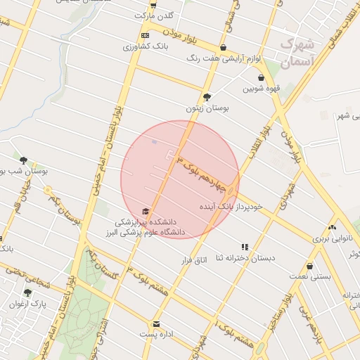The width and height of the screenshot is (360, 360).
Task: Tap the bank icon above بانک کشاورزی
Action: (145, 35)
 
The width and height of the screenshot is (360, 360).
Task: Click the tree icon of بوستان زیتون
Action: (207, 97)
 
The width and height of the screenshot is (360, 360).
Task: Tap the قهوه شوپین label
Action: (262, 89)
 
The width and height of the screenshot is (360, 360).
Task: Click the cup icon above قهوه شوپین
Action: (262, 78)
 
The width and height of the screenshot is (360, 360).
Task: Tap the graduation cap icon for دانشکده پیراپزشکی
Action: (146, 211)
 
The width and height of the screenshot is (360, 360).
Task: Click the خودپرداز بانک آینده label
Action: (231, 207)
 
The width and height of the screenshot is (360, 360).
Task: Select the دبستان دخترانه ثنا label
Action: (245, 258)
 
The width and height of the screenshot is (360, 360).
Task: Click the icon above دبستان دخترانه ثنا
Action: (245, 247)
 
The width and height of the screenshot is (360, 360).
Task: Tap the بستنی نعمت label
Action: (310, 278)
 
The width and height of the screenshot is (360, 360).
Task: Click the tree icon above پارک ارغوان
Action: (27, 292)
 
